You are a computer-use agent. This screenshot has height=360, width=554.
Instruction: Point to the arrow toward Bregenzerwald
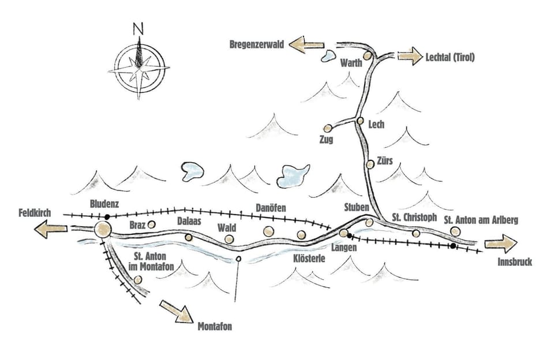pyautogui.click(x=306, y=44)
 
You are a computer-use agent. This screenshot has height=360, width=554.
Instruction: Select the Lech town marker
pyautogui.click(x=360, y=121)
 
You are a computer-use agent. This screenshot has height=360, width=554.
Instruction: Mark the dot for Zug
pyautogui.click(x=328, y=128)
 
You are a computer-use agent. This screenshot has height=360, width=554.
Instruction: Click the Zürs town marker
pyautogui.click(x=370, y=164)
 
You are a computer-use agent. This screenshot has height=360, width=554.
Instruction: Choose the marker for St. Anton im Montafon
pyautogui.click(x=137, y=280)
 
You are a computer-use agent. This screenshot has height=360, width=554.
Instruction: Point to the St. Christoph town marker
pyautogui.click(x=416, y=233)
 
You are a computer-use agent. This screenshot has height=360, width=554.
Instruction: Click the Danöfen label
pyautogui.click(x=271, y=207)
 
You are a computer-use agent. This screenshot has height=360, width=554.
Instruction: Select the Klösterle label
pyautogui.click(x=309, y=259)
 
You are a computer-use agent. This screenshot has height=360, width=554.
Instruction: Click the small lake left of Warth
pyautogui.click(x=328, y=56)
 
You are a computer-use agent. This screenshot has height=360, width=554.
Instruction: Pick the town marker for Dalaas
pyautogui.click(x=188, y=237)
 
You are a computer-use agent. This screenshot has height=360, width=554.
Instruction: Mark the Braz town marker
pyautogui.click(x=152, y=224)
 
